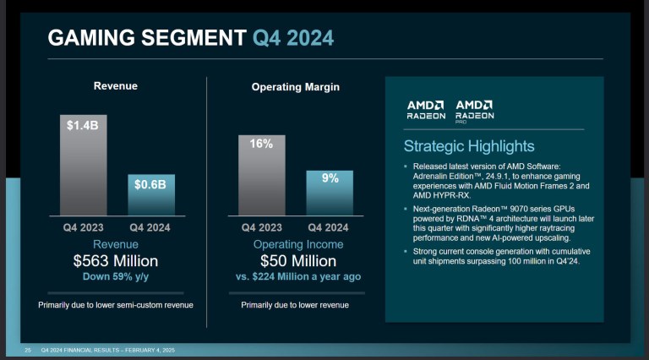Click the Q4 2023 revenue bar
pyautogui.click(x=82, y=169)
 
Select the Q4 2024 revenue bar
pyautogui.click(x=151, y=196)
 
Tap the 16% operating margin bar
pyautogui.click(x=261, y=177)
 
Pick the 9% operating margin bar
pyautogui.click(x=330, y=194)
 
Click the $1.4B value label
pyautogui.click(x=82, y=125)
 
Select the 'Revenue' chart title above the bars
pyautogui.click(x=116, y=85)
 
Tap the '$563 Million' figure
pyautogui.click(x=116, y=261)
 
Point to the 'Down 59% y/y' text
pyautogui.click(x=116, y=276)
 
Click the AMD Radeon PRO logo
pyautogui.click(x=474, y=110)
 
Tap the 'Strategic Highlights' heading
pyautogui.click(x=468, y=146)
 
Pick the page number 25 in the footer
pyautogui.click(x=28, y=350)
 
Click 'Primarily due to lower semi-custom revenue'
pyautogui.click(x=116, y=304)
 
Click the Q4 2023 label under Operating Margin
pyautogui.click(x=261, y=227)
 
